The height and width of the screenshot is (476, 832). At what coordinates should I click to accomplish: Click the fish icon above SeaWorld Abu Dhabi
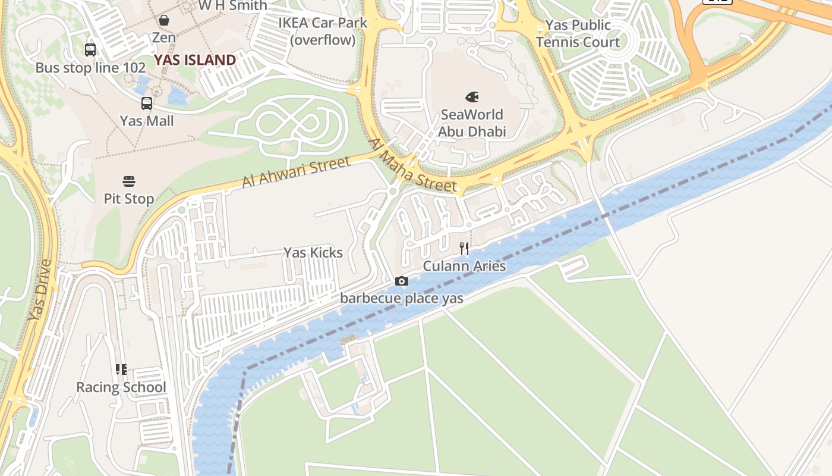(x=472, y=96)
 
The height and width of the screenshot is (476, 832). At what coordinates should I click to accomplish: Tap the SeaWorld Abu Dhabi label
(x=472, y=123)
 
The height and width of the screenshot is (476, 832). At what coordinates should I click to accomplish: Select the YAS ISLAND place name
(x=195, y=60)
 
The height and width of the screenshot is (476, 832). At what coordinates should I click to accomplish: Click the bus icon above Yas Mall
(x=147, y=104)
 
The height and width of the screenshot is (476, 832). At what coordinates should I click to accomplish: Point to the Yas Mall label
(x=147, y=121)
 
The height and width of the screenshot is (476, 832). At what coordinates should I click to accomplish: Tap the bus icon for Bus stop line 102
(x=90, y=50)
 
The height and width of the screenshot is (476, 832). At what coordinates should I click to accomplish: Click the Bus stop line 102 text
(x=90, y=68)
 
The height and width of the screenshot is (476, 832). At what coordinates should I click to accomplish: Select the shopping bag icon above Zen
(x=164, y=20)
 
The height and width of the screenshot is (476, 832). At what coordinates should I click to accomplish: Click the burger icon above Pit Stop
(x=129, y=181)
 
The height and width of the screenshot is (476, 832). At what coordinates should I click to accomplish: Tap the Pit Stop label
(x=129, y=199)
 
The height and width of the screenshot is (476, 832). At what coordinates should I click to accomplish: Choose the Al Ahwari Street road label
(x=296, y=173)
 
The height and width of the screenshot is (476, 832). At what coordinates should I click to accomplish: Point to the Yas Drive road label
(x=40, y=290)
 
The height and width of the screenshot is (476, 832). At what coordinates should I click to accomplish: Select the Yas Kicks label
(x=313, y=253)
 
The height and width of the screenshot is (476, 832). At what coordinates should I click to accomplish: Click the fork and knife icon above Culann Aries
(x=464, y=248)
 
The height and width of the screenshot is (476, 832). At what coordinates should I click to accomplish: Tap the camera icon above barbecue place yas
(x=402, y=281)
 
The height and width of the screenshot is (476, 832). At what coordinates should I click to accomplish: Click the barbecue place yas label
(x=402, y=299)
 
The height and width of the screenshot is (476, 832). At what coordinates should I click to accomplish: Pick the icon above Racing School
(x=121, y=369)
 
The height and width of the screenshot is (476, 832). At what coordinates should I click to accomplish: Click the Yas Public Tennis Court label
(x=578, y=33)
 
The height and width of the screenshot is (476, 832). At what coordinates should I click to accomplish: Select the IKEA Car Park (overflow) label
(x=323, y=32)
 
